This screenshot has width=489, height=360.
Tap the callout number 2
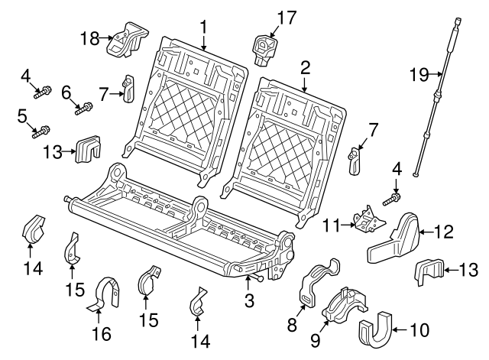click(305, 68)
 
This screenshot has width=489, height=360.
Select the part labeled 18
click(125, 40)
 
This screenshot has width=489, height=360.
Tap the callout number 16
click(101, 334)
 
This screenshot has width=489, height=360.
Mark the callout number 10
click(419, 330)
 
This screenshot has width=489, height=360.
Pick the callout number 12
click(445, 229)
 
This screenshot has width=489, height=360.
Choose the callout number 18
click(89, 37)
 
